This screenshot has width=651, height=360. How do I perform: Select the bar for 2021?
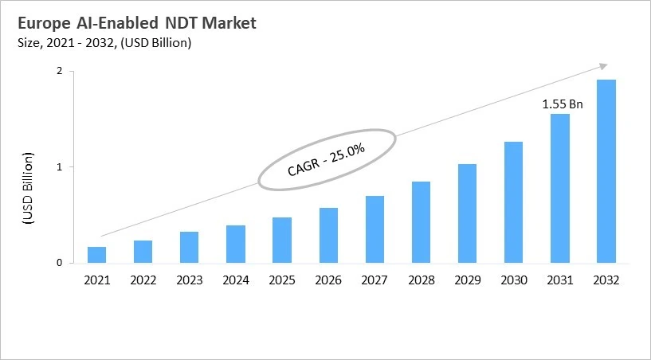point(96,255)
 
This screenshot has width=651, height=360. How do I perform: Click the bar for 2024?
point(236,245)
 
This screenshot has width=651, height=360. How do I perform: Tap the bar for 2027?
point(375,229)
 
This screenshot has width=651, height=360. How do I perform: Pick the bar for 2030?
point(514,202)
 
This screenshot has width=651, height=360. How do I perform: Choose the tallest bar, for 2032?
point(606,171)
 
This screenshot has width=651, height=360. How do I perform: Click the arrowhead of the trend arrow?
point(603,66)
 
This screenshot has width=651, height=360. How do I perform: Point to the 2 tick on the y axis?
point(60,72)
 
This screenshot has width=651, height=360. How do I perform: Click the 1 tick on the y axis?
point(60,167)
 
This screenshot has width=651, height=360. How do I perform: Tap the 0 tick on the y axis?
point(60,263)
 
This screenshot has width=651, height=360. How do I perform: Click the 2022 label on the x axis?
point(143,280)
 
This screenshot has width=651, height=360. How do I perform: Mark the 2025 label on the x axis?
point(282,280)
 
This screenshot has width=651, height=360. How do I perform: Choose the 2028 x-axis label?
point(422,280)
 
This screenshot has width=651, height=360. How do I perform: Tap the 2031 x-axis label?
point(560,280)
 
